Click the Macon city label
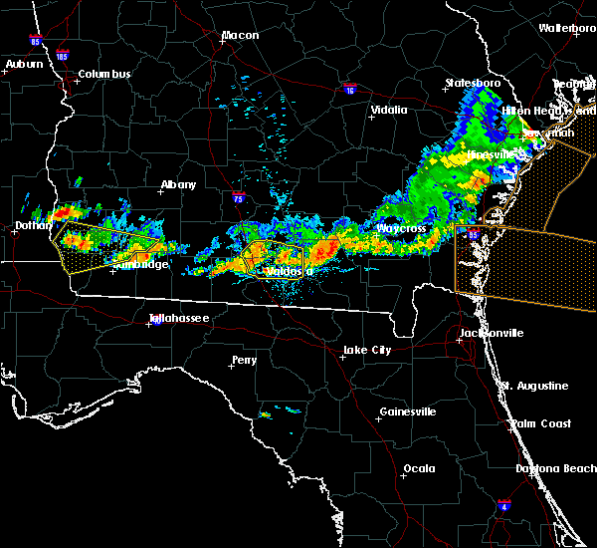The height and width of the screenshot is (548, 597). point(240,35)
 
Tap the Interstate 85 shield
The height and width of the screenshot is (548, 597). point(36,44)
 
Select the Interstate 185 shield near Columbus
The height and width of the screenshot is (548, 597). point(63,57)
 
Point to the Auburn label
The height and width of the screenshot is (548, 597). point(23,64)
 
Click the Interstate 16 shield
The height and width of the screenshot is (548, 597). point(349,90)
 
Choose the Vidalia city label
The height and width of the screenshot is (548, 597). point(388,111)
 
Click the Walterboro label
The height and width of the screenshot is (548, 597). point(567,28)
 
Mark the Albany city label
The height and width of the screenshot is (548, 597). point(178,184)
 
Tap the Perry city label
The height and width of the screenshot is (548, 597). point(244,360)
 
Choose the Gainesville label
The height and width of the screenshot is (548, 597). point(407,411)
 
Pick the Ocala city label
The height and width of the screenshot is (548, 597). point(419,468)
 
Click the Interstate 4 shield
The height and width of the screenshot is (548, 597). point(504,506)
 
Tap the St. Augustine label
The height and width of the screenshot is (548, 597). point(534,386)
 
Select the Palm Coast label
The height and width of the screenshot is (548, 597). point(542,423)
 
